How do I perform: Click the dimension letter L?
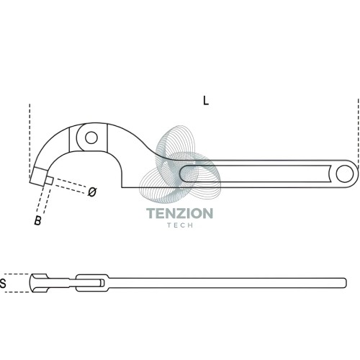click(x=206, y=101)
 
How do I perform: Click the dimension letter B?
click(x=38, y=220)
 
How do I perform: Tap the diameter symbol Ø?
click(x=92, y=192)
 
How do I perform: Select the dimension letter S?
click(x=3, y=283)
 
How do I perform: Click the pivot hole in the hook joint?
click(x=91, y=138)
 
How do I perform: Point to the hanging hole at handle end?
click(x=345, y=174)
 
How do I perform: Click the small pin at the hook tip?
click(x=49, y=181)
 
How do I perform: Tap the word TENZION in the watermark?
click(x=180, y=213)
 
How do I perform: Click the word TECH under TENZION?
click(x=180, y=225)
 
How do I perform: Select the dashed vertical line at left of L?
click(x=30, y=142)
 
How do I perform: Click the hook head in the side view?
click(x=39, y=283)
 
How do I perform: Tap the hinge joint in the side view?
click(x=92, y=283)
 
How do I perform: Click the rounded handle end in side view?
click(x=344, y=283)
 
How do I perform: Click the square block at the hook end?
click(x=38, y=176)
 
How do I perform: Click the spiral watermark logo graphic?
click(x=180, y=164)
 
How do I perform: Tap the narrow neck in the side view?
click(x=62, y=283)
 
